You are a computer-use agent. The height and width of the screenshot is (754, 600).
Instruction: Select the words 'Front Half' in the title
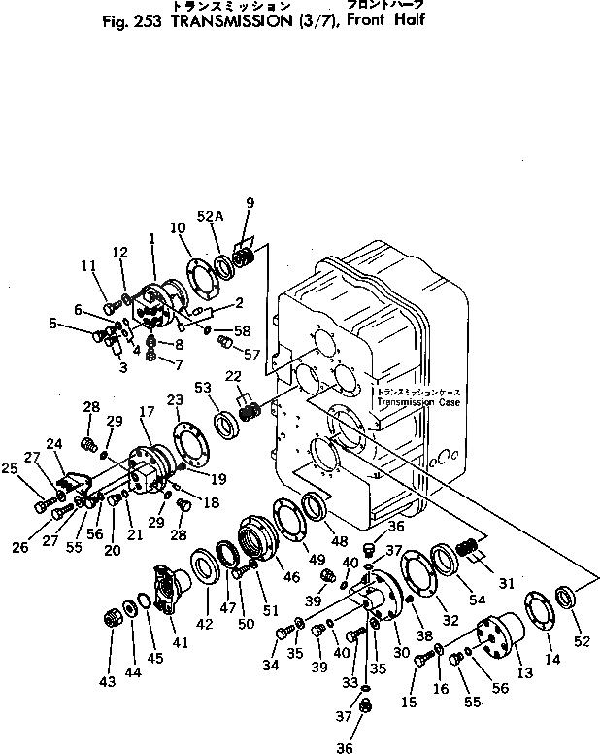tap(387, 20)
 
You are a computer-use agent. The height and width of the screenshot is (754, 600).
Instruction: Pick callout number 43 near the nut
tap(107, 681)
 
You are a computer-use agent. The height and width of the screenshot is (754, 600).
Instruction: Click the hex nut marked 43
tap(114, 617)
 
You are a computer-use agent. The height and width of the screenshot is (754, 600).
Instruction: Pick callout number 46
tap(290, 576)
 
